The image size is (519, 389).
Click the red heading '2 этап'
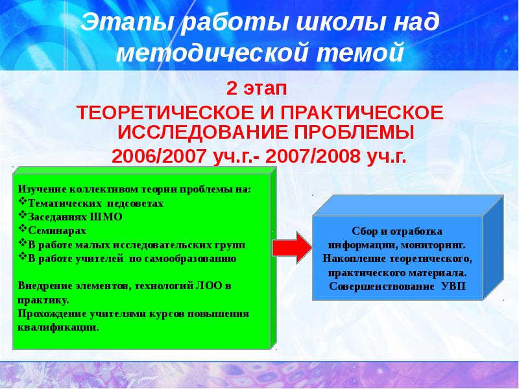(x=259, y=88)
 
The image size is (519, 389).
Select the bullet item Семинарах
(x=57, y=230)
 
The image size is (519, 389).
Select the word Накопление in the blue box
(x=354, y=259)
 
